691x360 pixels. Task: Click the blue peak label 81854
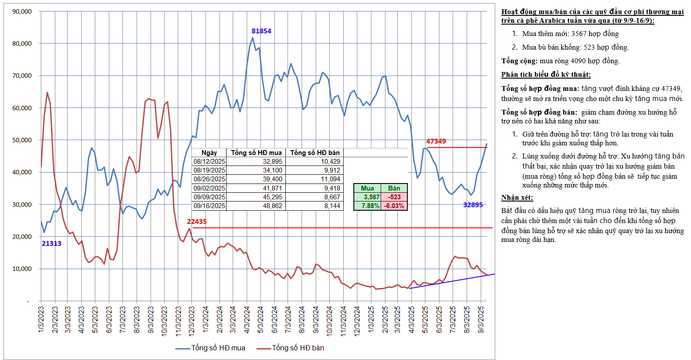click(261, 31)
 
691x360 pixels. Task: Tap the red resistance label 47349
click(436, 141)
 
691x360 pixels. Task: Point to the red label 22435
click(197, 222)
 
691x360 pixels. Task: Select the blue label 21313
click(51, 244)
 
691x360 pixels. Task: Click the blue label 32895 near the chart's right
click(473, 205)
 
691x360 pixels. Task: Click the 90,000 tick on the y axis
click(22, 11)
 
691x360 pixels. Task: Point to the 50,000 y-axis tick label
click(22, 140)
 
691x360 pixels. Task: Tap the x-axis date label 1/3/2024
click(205, 320)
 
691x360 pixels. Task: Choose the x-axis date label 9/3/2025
click(481, 320)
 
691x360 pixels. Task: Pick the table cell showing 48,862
click(273, 206)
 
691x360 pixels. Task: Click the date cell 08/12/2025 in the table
click(209, 162)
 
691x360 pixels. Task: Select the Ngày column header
click(209, 153)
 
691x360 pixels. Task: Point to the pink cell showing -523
click(394, 197)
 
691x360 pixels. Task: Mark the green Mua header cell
click(367, 188)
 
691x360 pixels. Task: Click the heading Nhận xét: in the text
click(517, 198)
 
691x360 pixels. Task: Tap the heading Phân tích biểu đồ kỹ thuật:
click(546, 75)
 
